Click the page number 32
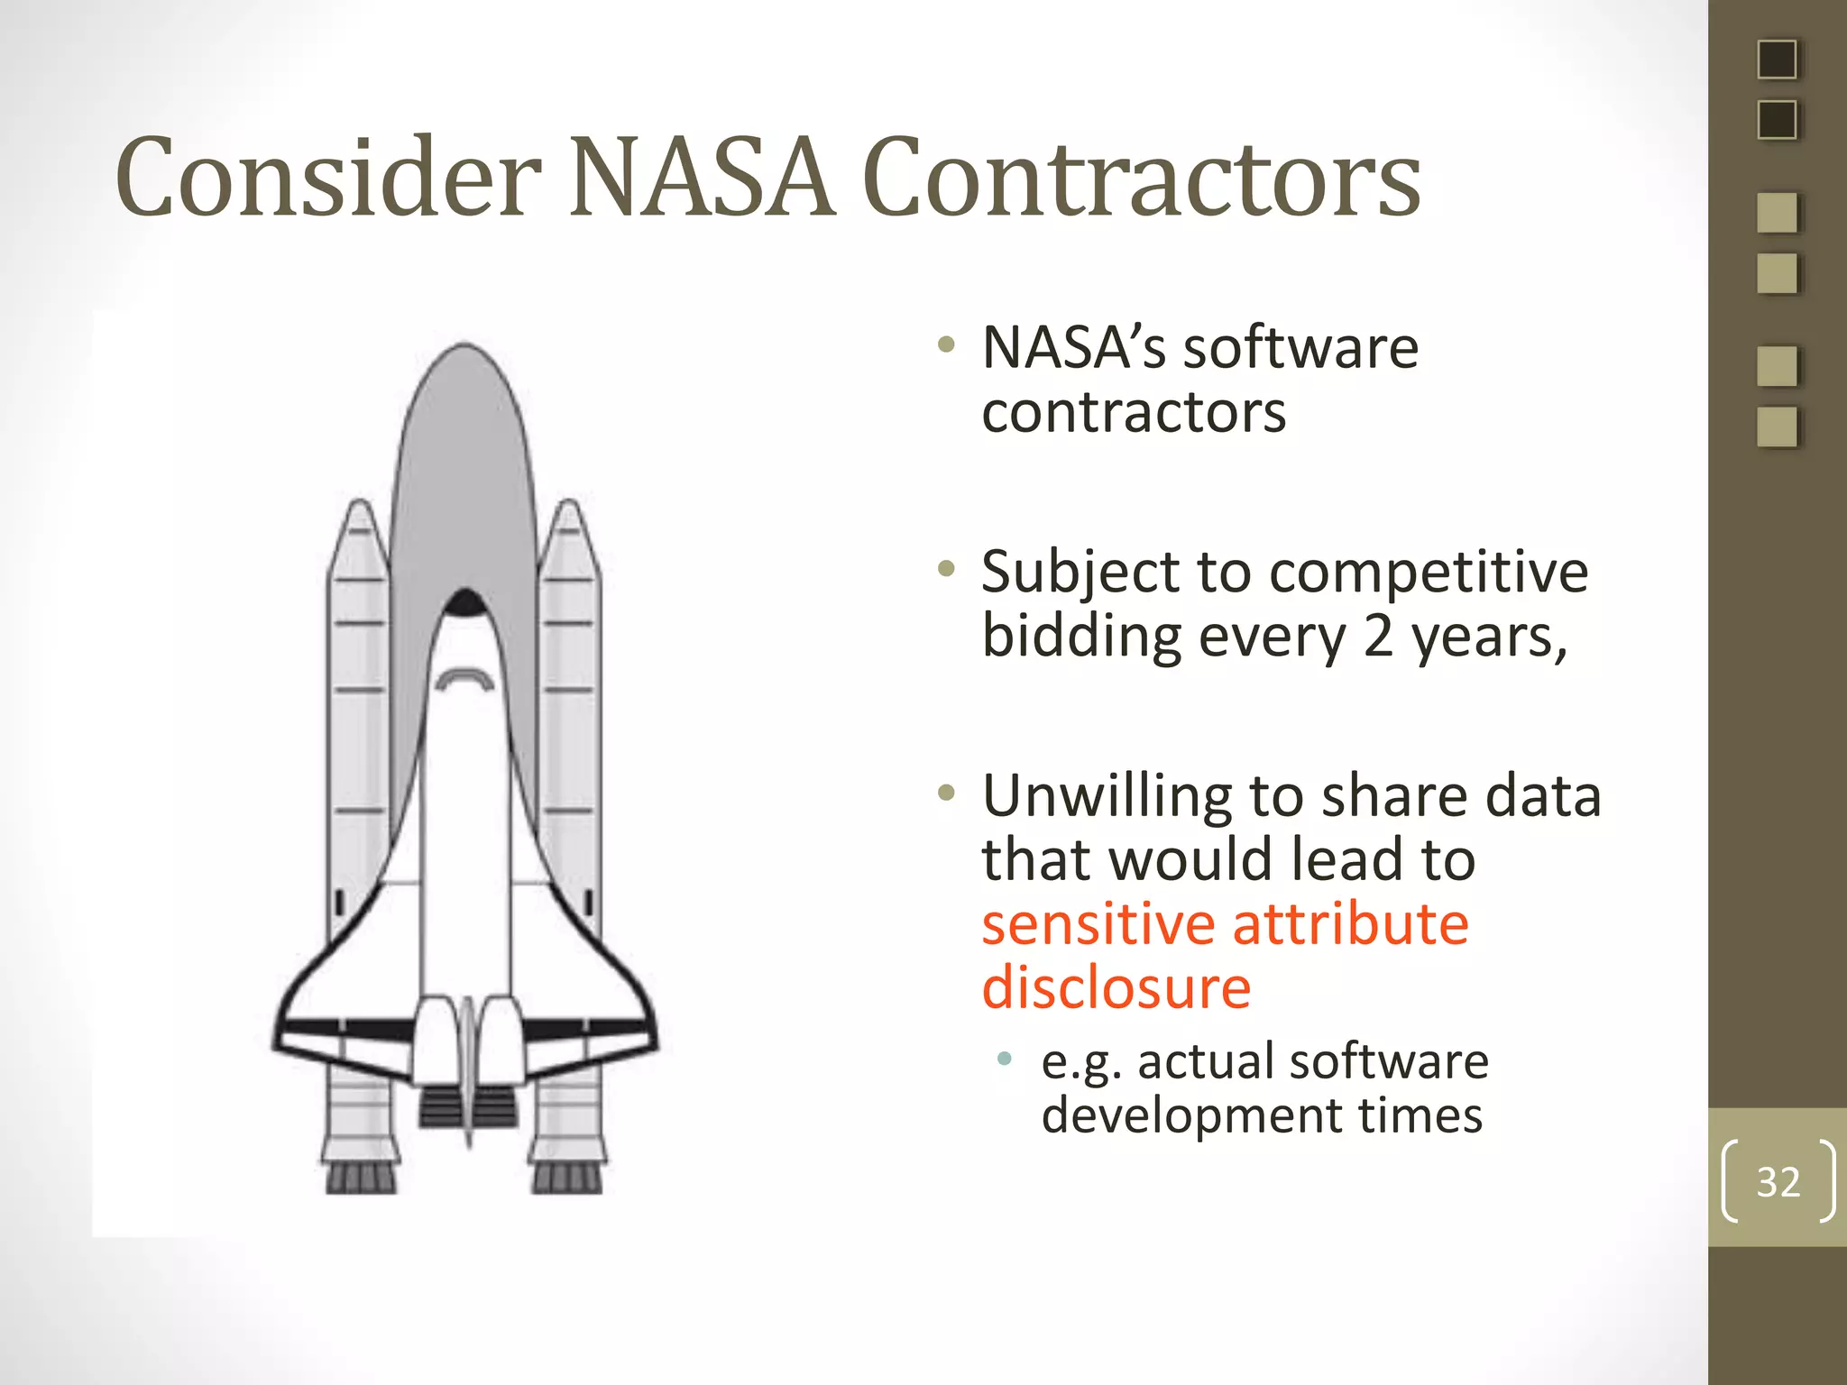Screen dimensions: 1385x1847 1778,1181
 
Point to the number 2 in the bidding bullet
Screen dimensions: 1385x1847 1378,637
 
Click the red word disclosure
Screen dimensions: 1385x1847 1116,988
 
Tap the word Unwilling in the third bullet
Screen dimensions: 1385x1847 1107,797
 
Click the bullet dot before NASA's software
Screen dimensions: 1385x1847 945,344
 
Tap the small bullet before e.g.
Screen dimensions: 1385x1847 1005,1058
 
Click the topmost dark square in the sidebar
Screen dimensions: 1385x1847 1778,60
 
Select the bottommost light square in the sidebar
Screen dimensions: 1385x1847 1778,427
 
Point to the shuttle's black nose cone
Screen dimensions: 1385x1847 465,602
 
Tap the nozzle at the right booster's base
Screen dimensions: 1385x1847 567,1177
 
